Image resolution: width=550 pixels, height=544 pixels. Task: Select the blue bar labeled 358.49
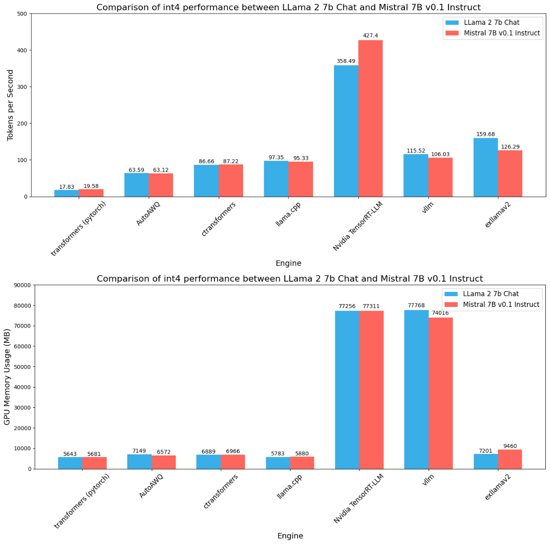[346, 131]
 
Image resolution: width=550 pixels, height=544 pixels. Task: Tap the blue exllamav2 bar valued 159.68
[485, 167]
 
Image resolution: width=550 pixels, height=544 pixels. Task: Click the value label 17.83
[67, 186]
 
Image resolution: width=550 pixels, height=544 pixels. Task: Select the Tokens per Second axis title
[10, 105]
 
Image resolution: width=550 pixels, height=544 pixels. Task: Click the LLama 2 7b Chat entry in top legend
[491, 22]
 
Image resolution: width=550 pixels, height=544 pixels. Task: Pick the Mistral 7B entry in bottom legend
[501, 305]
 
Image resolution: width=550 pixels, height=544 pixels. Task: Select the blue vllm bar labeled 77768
[416, 389]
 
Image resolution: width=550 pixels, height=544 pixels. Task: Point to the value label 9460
[510, 446]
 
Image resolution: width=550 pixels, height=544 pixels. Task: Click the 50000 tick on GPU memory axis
[21, 367]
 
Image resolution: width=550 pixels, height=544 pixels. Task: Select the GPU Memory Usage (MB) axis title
[7, 377]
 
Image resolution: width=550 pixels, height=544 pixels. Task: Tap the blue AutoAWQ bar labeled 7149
[139, 462]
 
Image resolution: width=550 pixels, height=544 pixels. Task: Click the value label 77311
[371, 306]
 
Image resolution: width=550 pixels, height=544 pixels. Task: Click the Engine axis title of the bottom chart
[290, 536]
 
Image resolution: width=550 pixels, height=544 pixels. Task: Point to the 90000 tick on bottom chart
[21, 285]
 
